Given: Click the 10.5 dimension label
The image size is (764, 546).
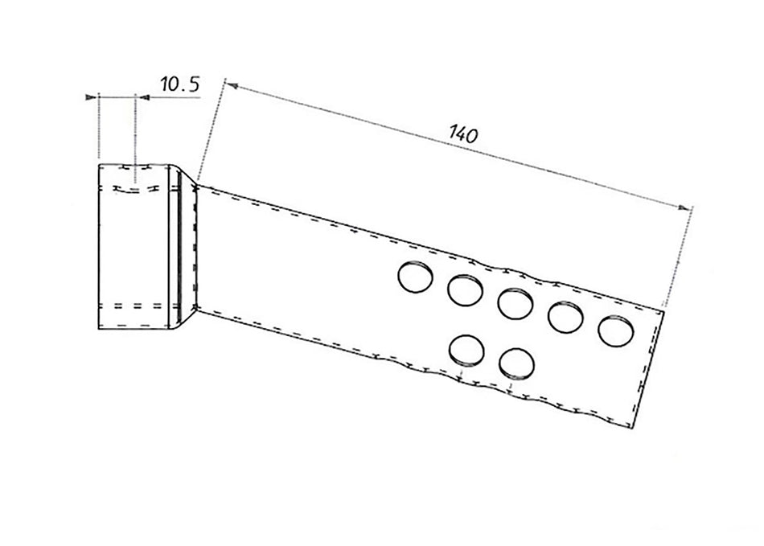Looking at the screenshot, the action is pos(180,84).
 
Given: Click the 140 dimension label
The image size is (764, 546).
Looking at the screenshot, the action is pos(463,134).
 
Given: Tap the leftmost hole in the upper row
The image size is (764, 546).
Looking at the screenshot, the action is pos(415,277).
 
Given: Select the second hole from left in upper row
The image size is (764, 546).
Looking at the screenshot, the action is pos(465,290).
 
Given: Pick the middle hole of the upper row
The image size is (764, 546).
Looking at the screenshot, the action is pos(515,303).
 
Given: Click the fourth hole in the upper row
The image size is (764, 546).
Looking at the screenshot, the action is pos(565,317).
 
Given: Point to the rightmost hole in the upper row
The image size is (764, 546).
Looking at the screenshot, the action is pos(616,330).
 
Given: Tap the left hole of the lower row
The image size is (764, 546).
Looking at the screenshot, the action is pos(466,351).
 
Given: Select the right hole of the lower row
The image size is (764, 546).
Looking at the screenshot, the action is pos(516,363).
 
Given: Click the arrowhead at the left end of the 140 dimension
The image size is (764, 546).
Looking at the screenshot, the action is pos(231,86).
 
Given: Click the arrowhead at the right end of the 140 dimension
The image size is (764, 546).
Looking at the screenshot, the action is pos(684,208).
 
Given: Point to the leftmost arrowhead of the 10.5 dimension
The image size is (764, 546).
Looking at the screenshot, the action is pos(91,97).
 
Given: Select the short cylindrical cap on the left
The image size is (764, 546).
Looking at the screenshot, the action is pos(133,247).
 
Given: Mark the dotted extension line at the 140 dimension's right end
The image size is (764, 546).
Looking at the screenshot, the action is pos(678,257).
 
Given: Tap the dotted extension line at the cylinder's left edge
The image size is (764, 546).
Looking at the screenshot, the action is pos(99,125).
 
